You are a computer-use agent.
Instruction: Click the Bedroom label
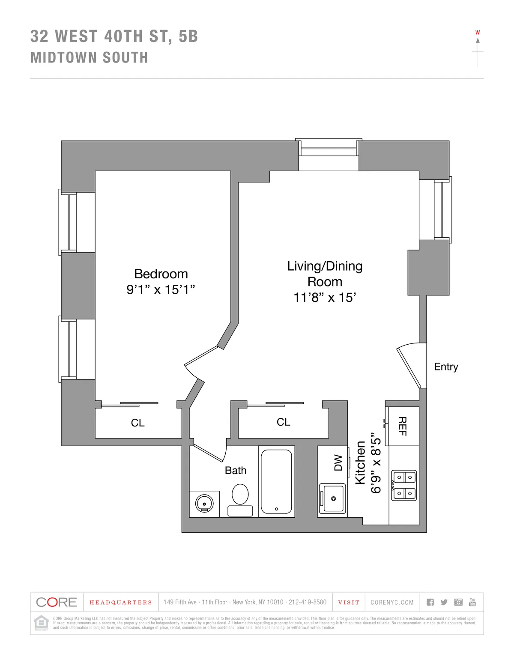161,274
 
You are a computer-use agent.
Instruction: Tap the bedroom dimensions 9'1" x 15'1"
161,290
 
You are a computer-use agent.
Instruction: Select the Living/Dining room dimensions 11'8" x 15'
325,298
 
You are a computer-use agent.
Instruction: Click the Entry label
446,367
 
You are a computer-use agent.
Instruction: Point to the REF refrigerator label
402,426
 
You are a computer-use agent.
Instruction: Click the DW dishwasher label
338,463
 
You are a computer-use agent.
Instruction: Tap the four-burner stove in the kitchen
404,485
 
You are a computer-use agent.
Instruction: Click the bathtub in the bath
277,481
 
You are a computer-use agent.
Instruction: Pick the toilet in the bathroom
240,499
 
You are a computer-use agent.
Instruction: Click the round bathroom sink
204,503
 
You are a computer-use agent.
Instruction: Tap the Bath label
236,471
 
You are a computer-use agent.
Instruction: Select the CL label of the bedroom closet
137,423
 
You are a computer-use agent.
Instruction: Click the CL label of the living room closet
283,422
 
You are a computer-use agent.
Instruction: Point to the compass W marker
478,33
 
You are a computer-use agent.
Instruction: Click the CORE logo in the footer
57,602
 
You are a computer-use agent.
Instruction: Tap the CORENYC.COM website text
392,602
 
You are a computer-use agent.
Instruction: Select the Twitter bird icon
444,602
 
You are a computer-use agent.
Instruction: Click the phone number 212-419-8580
307,602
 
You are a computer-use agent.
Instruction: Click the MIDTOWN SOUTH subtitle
89,58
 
